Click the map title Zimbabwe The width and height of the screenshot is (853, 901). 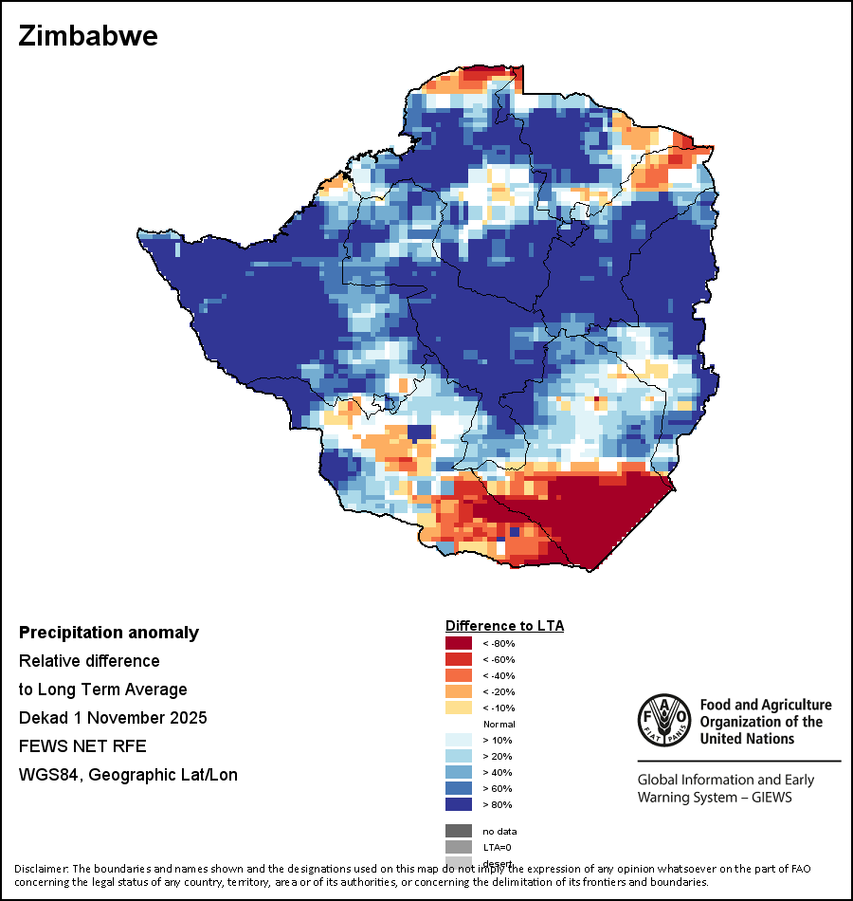[x=88, y=37]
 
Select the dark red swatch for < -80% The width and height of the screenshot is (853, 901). [x=459, y=643]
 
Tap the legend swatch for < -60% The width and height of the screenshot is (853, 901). [x=459, y=659]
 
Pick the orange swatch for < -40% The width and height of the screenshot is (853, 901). [x=459, y=675]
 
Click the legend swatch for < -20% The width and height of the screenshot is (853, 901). [x=459, y=691]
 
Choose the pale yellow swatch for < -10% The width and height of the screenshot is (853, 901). [x=459, y=708]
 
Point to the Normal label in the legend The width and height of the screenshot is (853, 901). [x=499, y=724]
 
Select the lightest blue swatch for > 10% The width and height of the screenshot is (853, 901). [x=459, y=740]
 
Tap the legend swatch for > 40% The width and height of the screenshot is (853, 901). [x=459, y=772]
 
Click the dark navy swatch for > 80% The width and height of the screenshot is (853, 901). [x=459, y=804]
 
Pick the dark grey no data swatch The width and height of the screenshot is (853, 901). [x=459, y=831]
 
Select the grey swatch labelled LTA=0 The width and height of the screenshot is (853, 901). [x=459, y=847]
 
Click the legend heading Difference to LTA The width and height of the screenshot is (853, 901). [x=504, y=626]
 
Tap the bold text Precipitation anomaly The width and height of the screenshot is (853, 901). [x=109, y=633]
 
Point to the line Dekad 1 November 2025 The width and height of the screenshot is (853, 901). [x=113, y=717]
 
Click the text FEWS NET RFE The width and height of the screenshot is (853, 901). [x=82, y=745]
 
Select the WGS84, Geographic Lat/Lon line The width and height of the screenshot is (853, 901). [x=128, y=775]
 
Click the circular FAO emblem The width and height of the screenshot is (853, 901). [x=662, y=720]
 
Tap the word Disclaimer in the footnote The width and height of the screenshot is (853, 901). [x=42, y=869]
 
